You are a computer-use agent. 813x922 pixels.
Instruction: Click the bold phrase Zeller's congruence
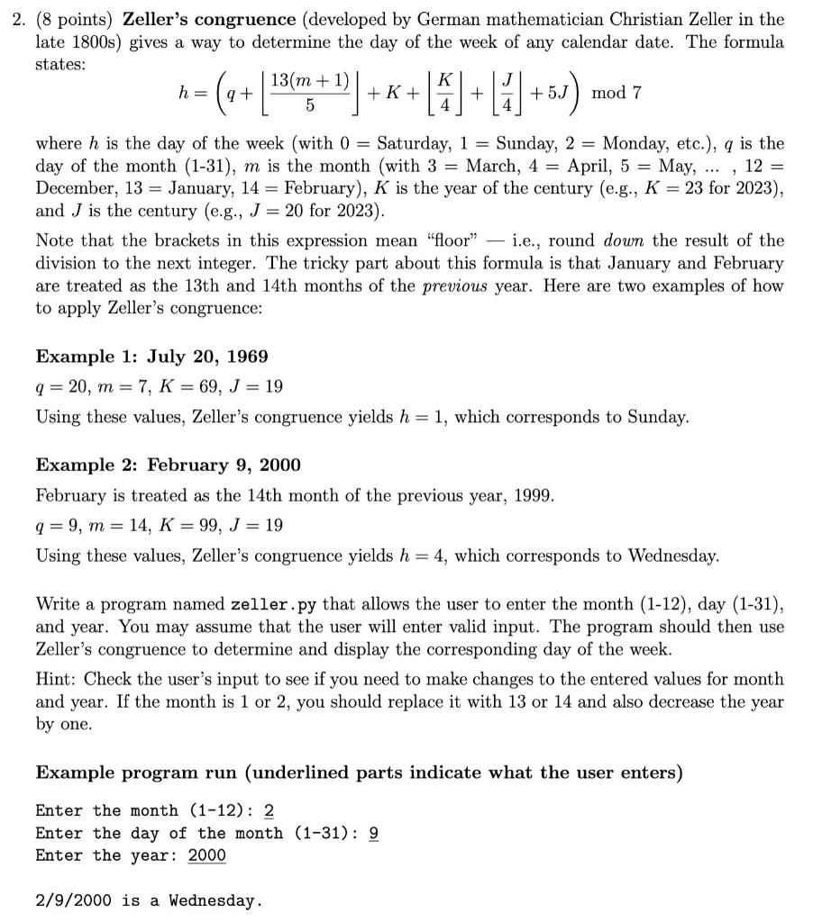point(209,19)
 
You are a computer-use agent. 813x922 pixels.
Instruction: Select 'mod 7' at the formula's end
point(617,93)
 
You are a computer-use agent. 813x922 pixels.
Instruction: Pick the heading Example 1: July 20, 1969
point(151,357)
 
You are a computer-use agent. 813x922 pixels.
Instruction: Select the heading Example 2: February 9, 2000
point(168,466)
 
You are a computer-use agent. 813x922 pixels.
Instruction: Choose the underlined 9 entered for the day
point(374,834)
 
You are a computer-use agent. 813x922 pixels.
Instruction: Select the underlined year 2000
point(206,855)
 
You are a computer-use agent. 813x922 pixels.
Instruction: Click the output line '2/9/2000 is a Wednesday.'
point(149,900)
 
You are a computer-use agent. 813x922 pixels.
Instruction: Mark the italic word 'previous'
point(455,285)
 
